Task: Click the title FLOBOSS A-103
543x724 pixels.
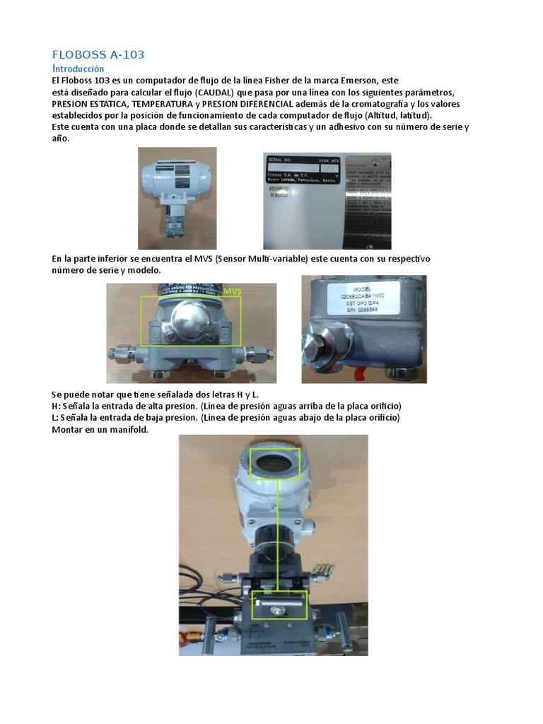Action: click(x=98, y=55)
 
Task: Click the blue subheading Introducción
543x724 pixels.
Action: click(x=78, y=69)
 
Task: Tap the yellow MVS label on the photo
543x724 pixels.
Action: click(x=233, y=291)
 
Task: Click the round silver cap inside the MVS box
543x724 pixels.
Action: click(x=192, y=322)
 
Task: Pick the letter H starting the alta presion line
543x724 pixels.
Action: click(x=55, y=407)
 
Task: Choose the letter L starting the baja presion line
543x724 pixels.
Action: click(x=54, y=418)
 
